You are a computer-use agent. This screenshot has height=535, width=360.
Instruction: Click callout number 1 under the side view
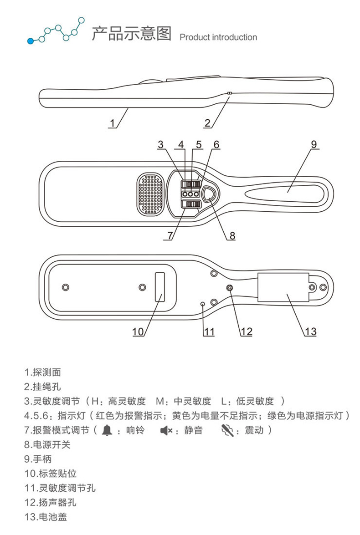[113, 123]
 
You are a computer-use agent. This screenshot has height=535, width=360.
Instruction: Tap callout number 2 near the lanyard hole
[207, 123]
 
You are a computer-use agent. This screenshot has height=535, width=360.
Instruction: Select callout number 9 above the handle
[314, 144]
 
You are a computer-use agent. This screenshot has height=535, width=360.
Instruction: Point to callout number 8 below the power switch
[232, 235]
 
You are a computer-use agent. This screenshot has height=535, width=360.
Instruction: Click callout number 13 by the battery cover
[310, 331]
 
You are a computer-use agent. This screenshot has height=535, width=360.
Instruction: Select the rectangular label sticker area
[159, 287]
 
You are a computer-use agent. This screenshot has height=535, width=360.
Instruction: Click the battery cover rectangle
[283, 288]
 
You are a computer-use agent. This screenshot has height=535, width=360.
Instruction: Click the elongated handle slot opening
[284, 191]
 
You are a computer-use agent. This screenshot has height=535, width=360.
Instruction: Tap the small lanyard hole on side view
[229, 93]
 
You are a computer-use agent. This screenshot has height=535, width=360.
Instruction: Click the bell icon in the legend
[107, 429]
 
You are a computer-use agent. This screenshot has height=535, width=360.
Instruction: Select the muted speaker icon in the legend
[165, 429]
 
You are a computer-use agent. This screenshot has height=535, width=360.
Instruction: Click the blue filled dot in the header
[31, 41]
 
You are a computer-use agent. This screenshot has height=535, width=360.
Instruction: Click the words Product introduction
[218, 37]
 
